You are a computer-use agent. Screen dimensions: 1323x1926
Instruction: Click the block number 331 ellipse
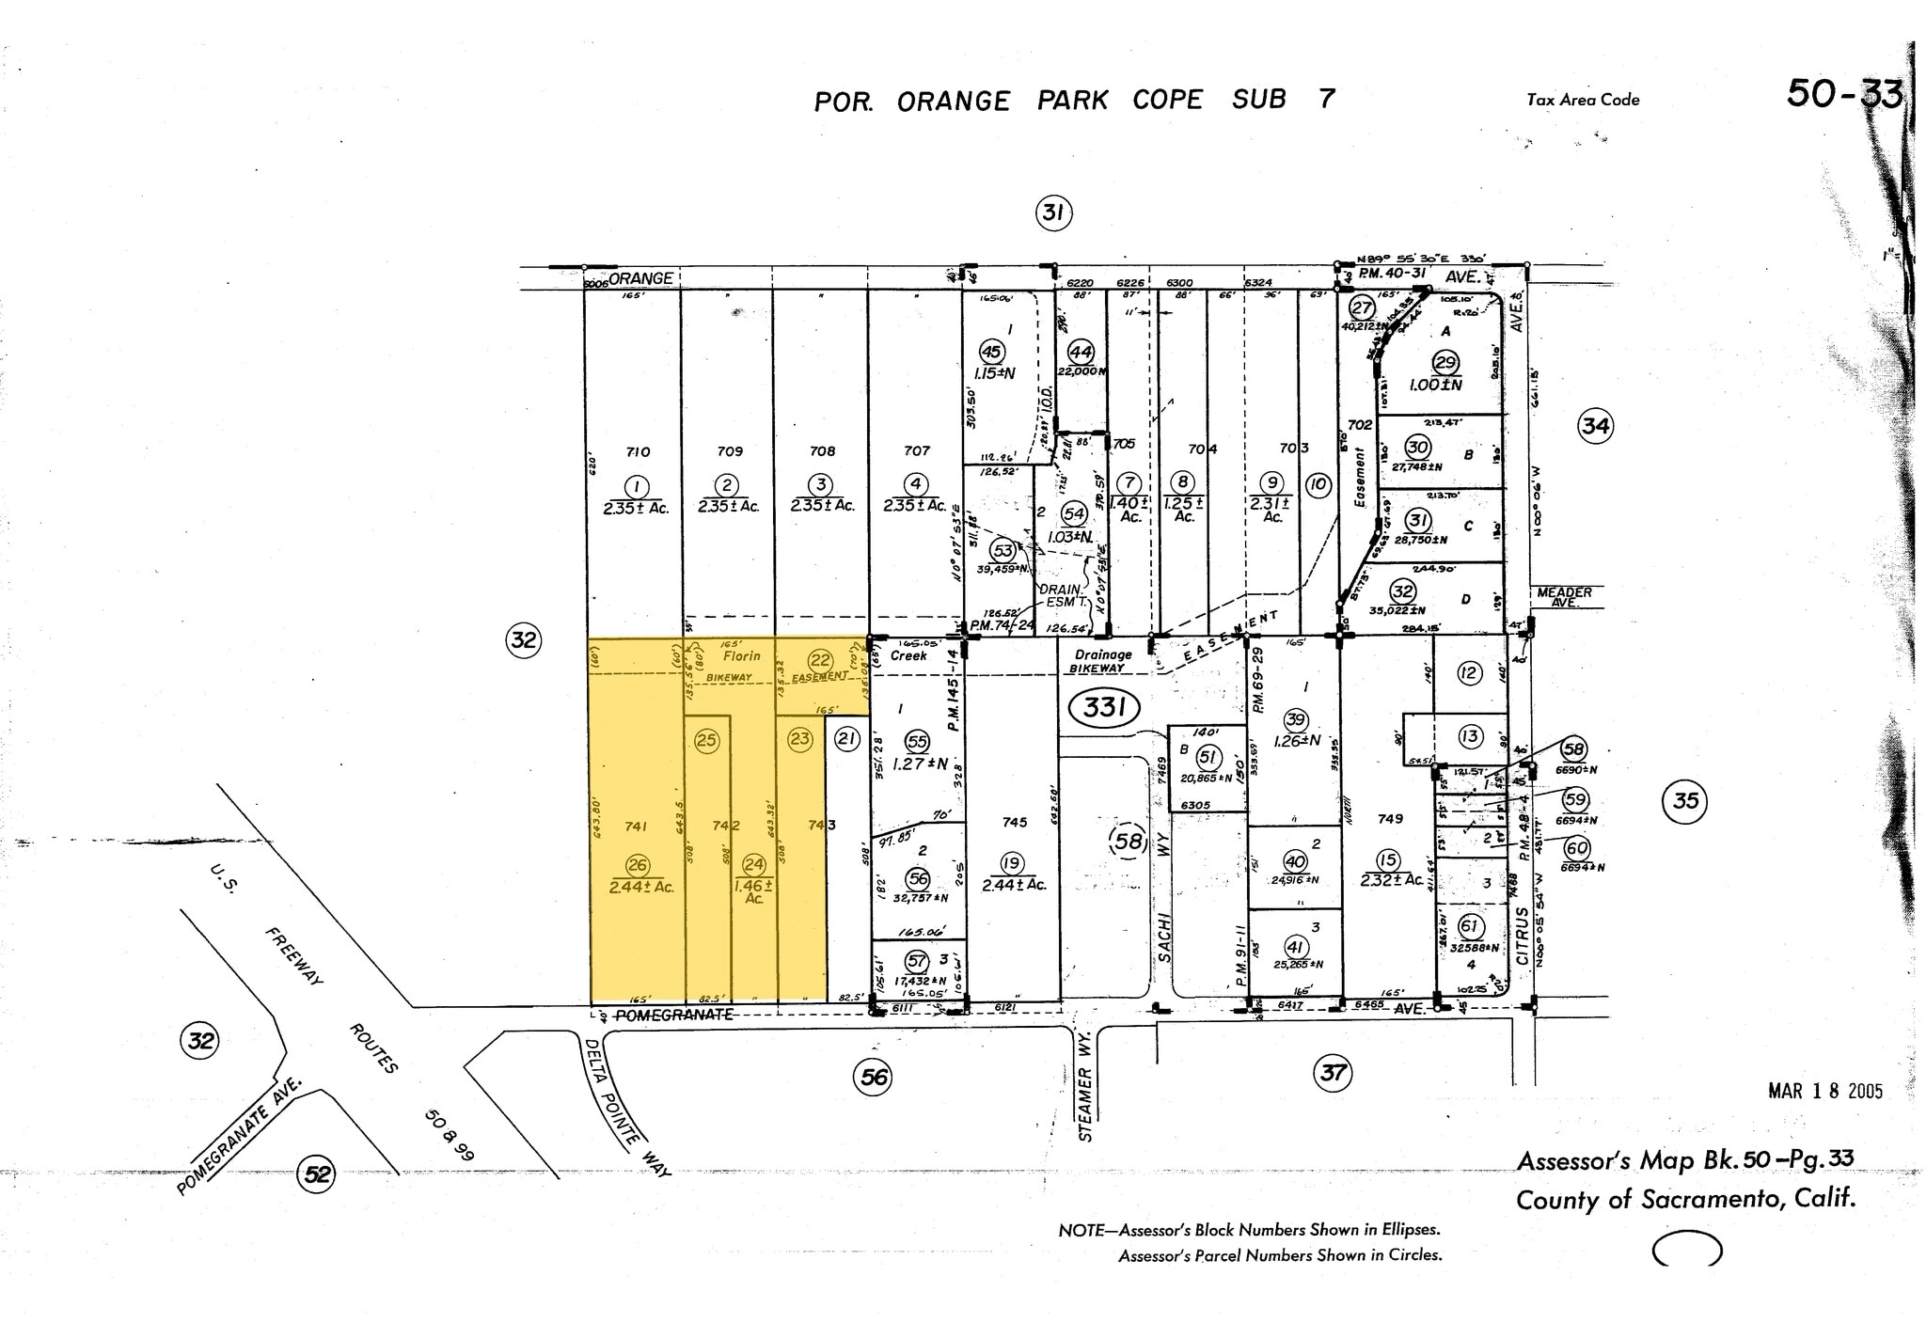1104,707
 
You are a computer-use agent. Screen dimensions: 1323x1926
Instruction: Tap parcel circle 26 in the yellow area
638,865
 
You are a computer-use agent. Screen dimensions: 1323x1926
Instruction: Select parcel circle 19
1011,864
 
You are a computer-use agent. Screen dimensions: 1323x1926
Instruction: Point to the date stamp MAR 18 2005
1824,1091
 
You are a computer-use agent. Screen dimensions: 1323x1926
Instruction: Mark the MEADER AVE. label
1565,596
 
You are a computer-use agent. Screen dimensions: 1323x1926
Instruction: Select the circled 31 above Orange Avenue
1053,213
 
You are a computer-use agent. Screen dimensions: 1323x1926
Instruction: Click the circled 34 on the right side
1595,426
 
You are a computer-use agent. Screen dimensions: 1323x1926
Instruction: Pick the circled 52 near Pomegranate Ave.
317,1173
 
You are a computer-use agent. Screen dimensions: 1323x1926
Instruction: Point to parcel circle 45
992,352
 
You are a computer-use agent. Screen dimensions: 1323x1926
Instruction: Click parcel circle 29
1444,363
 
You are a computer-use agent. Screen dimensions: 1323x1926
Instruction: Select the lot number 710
638,452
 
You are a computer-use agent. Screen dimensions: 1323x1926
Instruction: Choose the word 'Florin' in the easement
741,655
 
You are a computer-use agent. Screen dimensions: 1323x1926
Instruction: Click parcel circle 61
1470,926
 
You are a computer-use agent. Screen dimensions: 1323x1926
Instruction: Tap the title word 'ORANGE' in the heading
954,102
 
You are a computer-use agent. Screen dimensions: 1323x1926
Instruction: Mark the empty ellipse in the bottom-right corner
1687,1250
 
